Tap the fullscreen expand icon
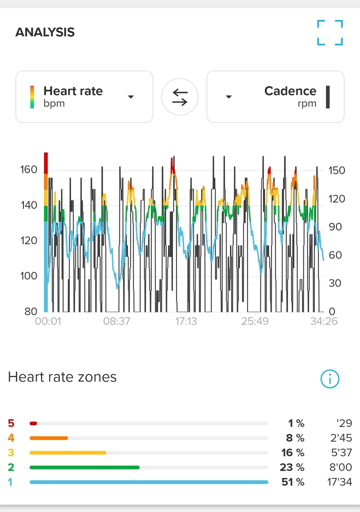pyautogui.click(x=330, y=33)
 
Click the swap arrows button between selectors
pyautogui.click(x=180, y=97)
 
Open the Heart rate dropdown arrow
pyautogui.click(x=131, y=97)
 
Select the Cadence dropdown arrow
pyautogui.click(x=229, y=97)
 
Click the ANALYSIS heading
pyautogui.click(x=45, y=32)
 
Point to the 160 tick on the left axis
pyautogui.click(x=29, y=169)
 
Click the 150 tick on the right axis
pyautogui.click(x=337, y=170)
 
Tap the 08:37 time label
pyautogui.click(x=117, y=321)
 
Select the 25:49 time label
pyautogui.click(x=255, y=321)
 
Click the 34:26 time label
pyautogui.click(x=324, y=321)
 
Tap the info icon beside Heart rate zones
pyautogui.click(x=330, y=379)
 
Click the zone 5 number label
pyautogui.click(x=11, y=423)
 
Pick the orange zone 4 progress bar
pyautogui.click(x=49, y=438)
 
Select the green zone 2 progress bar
pyautogui.click(x=84, y=467)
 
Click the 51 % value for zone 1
pyautogui.click(x=293, y=482)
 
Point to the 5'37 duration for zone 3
pyautogui.click(x=341, y=453)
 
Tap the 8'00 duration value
pyautogui.click(x=340, y=467)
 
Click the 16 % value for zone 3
pyautogui.click(x=293, y=453)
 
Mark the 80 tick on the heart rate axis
pyautogui.click(x=31, y=312)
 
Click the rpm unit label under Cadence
pyautogui.click(x=307, y=104)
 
